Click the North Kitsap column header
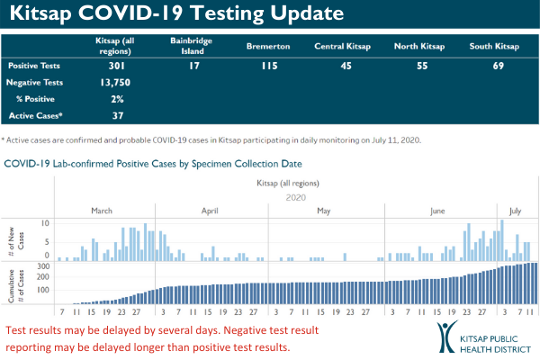[419, 46]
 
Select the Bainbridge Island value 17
[192, 67]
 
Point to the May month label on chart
[325, 211]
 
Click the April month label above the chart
[210, 211]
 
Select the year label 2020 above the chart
[297, 196]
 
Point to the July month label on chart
[516, 211]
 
